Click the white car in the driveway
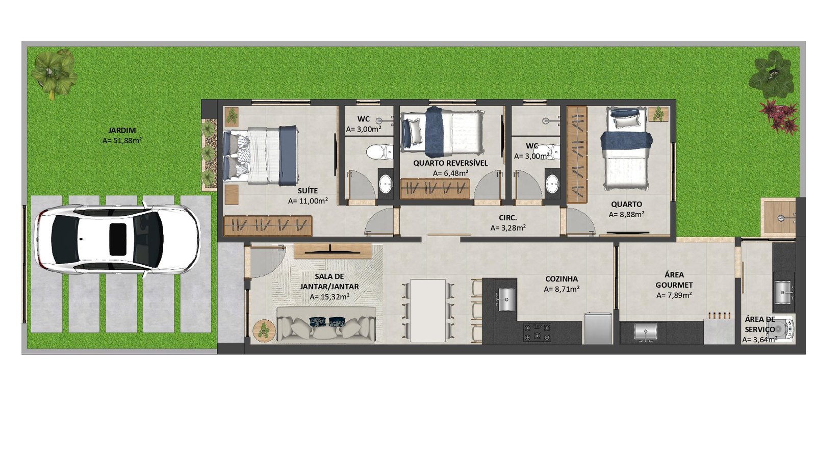pyautogui.click(x=117, y=240)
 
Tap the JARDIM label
pyautogui.click(x=122, y=131)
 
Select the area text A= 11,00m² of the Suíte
pyautogui.click(x=308, y=201)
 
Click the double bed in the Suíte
pyautogui.click(x=261, y=155)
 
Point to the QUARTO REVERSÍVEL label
pyautogui.click(x=450, y=163)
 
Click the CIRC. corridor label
pyautogui.click(x=508, y=218)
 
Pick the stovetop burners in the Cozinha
pyautogui.click(x=537, y=332)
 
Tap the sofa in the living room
pyautogui.click(x=326, y=324)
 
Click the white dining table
pyautogui.click(x=428, y=311)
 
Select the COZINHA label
pyautogui.click(x=562, y=279)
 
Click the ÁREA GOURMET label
pyautogui.click(x=674, y=280)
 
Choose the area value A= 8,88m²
pyautogui.click(x=627, y=215)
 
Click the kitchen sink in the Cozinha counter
pyautogui.click(x=505, y=299)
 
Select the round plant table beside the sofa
pyautogui.click(x=264, y=331)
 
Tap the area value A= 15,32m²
pyautogui.click(x=329, y=297)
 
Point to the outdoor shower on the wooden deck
pyautogui.click(x=780, y=217)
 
